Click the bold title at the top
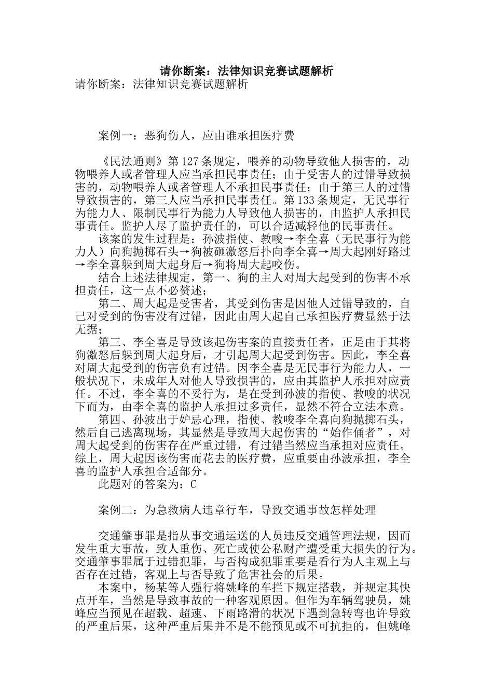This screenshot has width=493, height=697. point(246,71)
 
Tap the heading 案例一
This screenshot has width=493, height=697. point(115,136)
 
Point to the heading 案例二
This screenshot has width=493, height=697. point(115,510)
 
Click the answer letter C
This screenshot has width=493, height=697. point(194,485)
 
